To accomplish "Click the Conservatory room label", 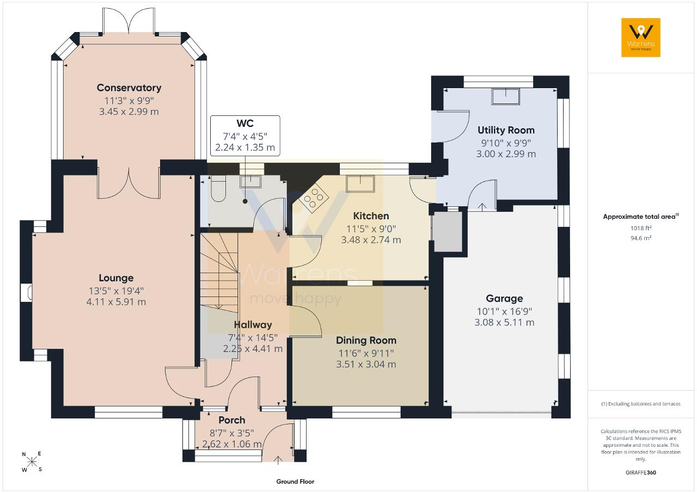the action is (129, 88).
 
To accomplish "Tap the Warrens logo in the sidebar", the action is (641, 38).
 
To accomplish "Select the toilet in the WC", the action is (218, 188).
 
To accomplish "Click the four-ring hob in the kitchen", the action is (314, 197).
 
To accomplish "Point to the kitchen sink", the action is (360, 183).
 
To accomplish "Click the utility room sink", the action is (506, 96).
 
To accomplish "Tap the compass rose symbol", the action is (32, 462).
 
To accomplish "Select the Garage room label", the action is (504, 298).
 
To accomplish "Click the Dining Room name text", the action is (366, 341).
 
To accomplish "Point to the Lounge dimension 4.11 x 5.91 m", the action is (116, 302).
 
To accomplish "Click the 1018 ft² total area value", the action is (641, 228).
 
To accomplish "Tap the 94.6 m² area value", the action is (641, 238).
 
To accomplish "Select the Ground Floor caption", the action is (295, 482).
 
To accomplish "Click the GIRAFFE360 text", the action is (641, 472).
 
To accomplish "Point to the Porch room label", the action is (232, 420).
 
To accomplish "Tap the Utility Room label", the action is (506, 130).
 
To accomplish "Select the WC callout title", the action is (245, 124).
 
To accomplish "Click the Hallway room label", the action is (253, 325).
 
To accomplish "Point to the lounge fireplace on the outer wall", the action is (27, 293).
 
